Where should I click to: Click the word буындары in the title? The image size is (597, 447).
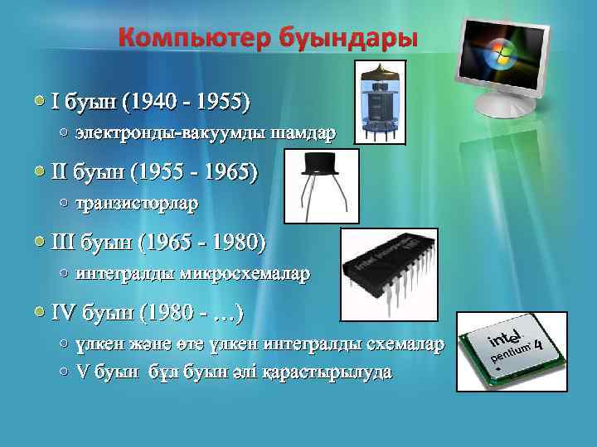click(x=362, y=38)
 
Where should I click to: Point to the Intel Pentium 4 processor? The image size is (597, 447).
click(x=507, y=352)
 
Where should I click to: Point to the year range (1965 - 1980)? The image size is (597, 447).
click(x=204, y=243)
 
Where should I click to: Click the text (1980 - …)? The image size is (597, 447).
click(x=191, y=313)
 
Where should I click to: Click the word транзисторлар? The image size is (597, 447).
click(x=138, y=202)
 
